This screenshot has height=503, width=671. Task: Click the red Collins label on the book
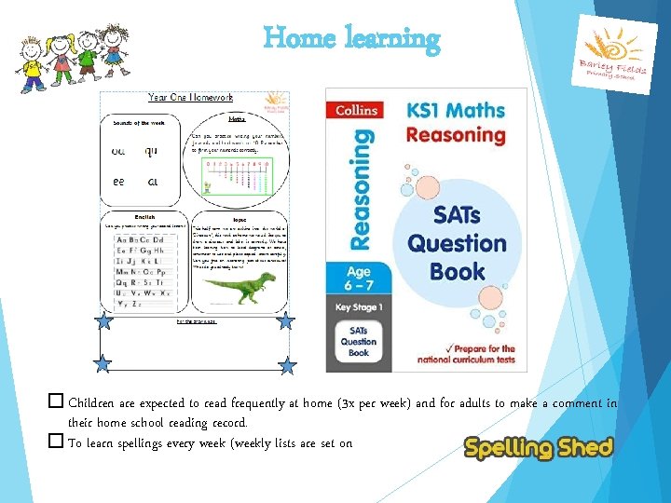(356, 110)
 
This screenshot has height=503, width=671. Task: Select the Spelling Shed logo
(539, 448)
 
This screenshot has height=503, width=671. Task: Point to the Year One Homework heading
(190, 97)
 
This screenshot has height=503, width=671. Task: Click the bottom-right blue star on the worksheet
(287, 364)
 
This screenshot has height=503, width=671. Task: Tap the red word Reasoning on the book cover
(456, 135)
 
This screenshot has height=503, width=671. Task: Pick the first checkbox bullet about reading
(55, 402)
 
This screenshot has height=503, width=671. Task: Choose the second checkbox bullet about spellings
(55, 442)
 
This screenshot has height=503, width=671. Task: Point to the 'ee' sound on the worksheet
(118, 182)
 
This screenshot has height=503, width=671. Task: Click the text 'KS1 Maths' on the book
(456, 110)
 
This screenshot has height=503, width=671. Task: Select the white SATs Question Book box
(358, 342)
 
